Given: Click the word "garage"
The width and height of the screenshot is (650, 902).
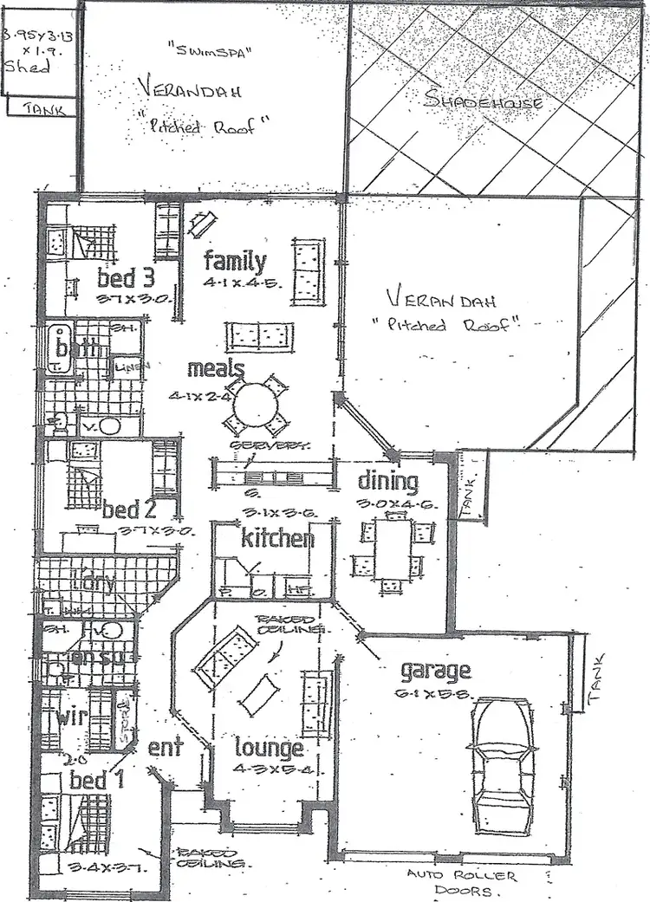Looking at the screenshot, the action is coord(435,670).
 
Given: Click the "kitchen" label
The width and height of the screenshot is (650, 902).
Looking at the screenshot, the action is coord(276,538).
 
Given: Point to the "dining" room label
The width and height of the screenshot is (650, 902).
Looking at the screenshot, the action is coord(388,482).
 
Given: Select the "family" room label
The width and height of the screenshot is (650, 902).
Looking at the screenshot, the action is coord(235,260).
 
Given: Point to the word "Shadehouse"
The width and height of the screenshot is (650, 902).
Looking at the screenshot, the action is coord(484,101).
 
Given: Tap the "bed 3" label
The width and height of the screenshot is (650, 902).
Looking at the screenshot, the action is coord(127,278).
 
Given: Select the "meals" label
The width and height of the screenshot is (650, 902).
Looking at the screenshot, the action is coord(215,370).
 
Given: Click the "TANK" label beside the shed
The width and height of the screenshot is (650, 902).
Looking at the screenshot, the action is coord(42,108).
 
